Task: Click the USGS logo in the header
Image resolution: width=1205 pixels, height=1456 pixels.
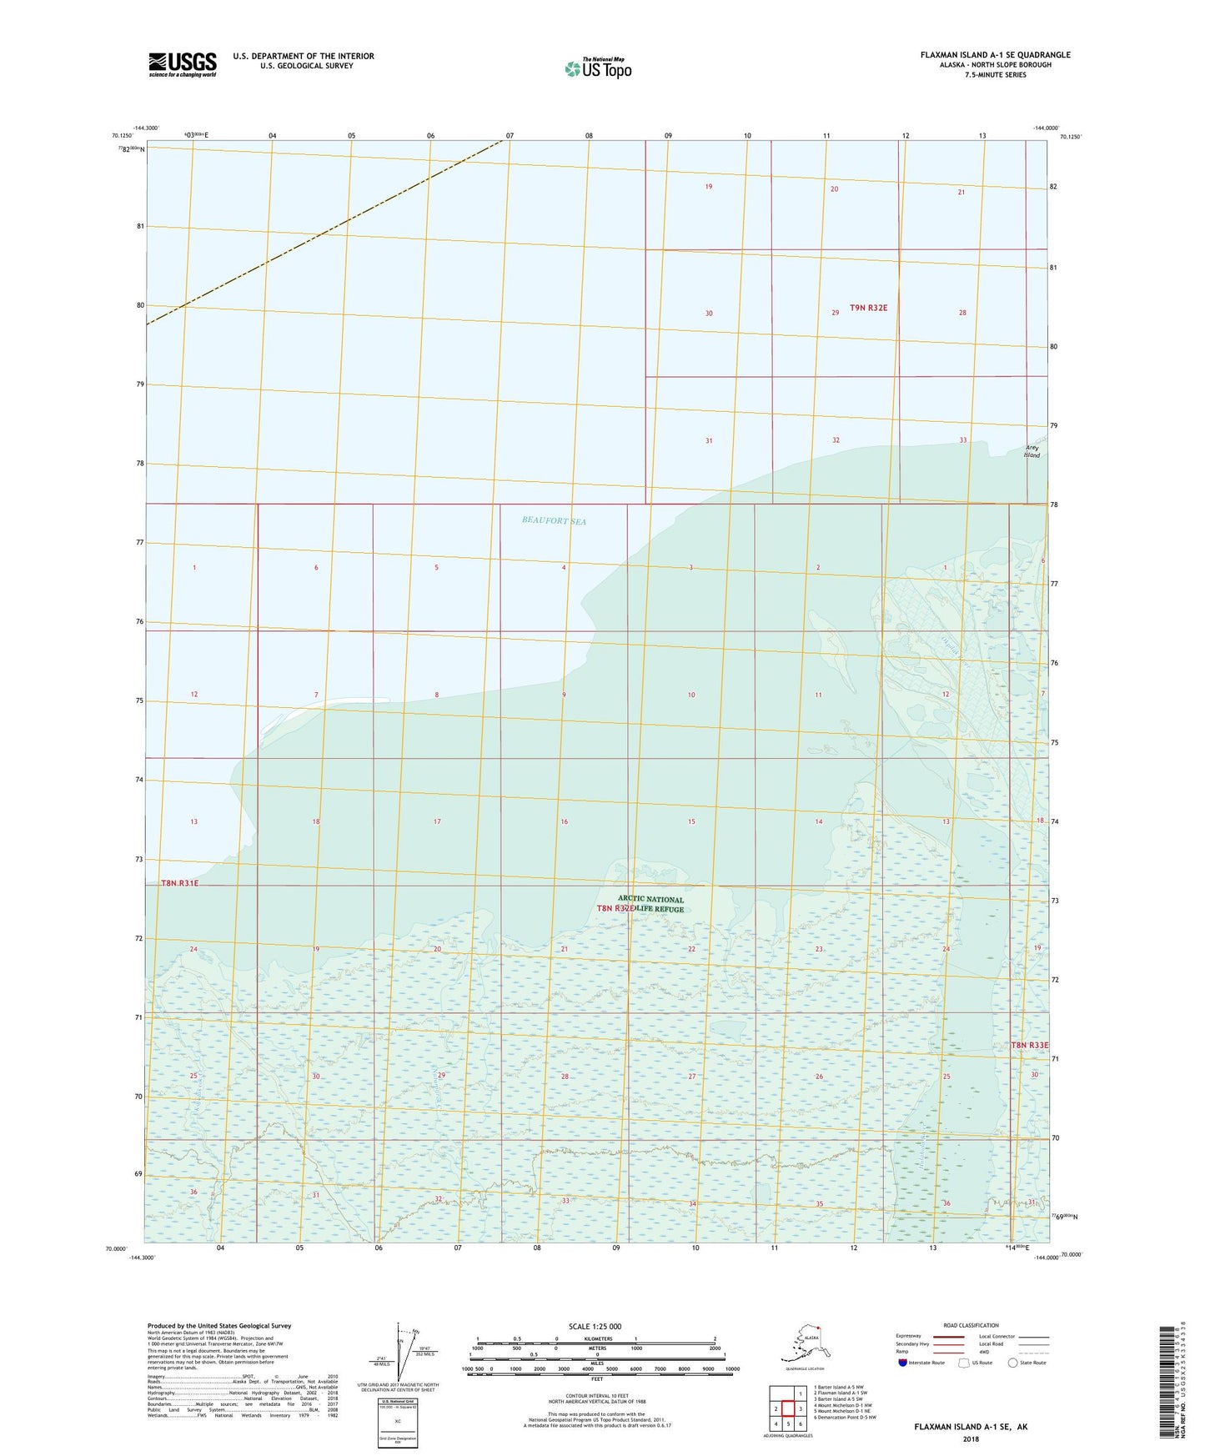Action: (182, 64)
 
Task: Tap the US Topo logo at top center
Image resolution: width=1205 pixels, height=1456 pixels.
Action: (597, 68)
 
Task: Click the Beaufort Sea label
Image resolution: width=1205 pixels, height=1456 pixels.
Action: (554, 520)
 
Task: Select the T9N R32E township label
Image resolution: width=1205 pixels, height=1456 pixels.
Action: (868, 308)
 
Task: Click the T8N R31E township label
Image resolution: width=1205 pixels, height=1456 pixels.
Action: (179, 882)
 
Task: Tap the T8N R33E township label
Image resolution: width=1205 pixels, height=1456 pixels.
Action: (1029, 1045)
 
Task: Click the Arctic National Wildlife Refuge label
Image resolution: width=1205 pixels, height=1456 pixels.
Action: (650, 904)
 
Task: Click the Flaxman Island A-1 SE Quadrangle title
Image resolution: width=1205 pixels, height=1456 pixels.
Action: (995, 55)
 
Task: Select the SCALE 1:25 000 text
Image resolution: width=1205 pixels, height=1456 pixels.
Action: (595, 1326)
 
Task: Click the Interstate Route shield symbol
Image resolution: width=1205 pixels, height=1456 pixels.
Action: (904, 1363)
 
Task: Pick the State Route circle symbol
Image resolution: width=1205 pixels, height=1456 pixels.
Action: (1012, 1363)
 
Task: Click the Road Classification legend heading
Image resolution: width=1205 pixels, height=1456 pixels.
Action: (970, 1325)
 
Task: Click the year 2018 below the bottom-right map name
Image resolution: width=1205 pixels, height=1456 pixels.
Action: (970, 1438)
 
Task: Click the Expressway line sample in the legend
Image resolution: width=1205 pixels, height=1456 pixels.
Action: (947, 1336)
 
